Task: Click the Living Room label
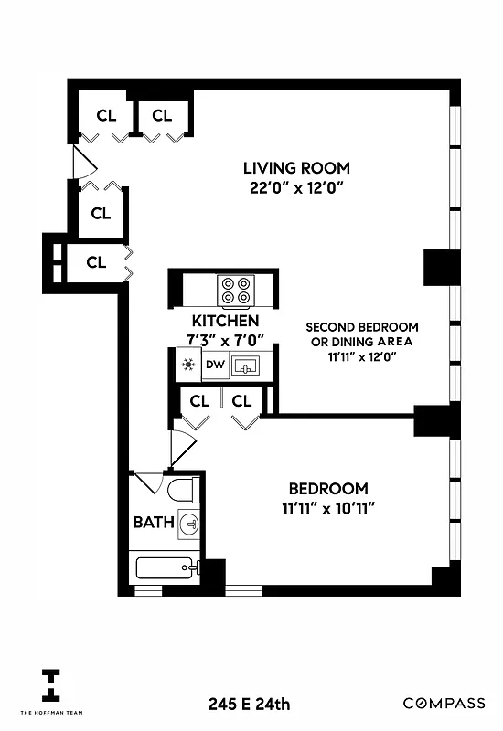295,168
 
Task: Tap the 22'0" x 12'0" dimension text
295,188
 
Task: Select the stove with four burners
235,290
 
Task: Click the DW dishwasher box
215,365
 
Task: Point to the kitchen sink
246,366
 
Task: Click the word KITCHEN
225,322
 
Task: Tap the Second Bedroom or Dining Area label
362,334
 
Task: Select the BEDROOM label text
328,489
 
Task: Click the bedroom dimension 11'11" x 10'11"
328,508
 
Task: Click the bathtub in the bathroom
166,568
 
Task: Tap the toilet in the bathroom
182,491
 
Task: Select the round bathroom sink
189,524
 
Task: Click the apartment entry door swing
82,164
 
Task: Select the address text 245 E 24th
249,704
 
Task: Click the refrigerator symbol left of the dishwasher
188,365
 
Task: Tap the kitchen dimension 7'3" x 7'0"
225,340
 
